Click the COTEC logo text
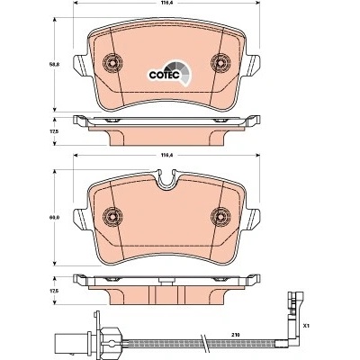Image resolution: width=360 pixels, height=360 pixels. tap(164, 75)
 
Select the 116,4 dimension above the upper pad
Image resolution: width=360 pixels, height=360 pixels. tap(166, 3)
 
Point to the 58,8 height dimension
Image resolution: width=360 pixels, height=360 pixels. tap(54, 64)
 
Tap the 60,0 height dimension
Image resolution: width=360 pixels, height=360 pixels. tap(54, 217)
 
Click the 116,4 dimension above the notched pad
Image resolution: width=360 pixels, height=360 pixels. tap(166, 155)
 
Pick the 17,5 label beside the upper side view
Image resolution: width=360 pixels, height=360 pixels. tap(54, 131)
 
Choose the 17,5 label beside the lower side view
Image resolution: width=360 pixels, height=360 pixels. tap(54, 291)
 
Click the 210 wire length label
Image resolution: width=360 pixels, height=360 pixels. tap(235, 334)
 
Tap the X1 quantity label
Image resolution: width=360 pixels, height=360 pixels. tap(306, 325)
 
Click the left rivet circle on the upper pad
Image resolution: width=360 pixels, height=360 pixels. tap(112, 63)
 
